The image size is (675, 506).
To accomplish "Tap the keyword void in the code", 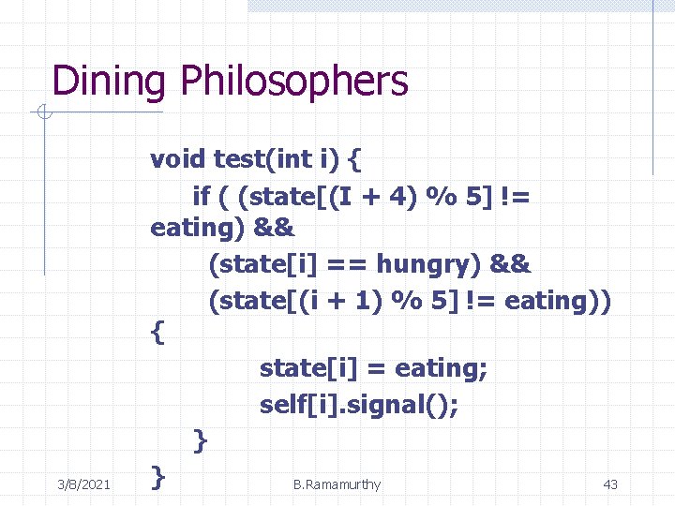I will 178,158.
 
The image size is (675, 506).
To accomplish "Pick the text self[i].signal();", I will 360,405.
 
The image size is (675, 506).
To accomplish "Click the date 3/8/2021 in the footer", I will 82,484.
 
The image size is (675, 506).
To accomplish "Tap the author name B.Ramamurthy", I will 337,484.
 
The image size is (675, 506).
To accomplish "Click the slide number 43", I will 610,484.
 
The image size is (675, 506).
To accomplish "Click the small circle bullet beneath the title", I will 43,113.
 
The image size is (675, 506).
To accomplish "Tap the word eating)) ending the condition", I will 557,301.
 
